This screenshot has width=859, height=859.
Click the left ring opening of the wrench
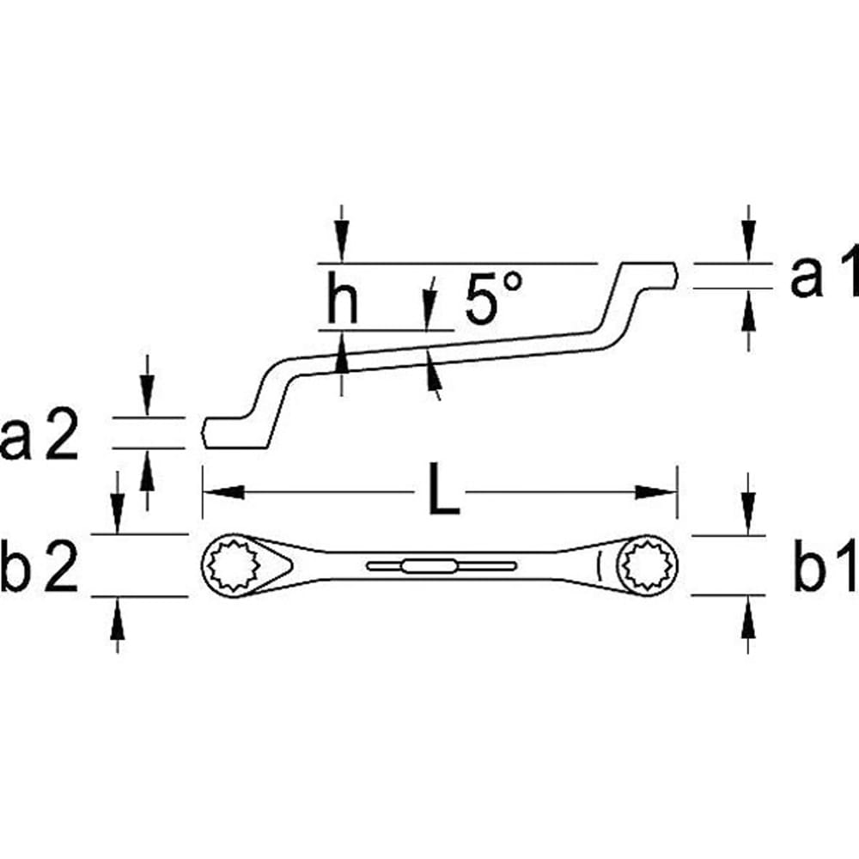(x=233, y=565)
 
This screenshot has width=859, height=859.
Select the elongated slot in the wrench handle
(x=441, y=564)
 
